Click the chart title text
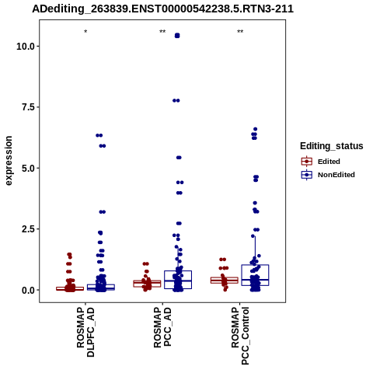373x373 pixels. coord(162,9)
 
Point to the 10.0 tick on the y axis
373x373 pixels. coord(26,47)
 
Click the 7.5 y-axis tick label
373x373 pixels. coord(28,107)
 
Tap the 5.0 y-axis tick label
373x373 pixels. coord(28,169)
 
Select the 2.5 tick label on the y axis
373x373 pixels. coord(28,229)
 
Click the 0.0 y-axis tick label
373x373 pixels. coord(28,291)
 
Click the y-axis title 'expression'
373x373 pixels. coord(9,161)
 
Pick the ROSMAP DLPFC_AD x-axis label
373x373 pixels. coord(85,332)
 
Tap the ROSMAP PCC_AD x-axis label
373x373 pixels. coord(162,327)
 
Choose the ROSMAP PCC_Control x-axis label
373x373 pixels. coord(240,336)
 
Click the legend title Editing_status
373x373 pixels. coord(332,146)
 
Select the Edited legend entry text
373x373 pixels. coord(329,162)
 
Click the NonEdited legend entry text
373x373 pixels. coord(336,175)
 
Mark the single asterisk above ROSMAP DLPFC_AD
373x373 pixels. coord(85,32)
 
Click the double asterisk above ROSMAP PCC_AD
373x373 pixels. coord(162,32)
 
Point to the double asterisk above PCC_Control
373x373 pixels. coord(240,32)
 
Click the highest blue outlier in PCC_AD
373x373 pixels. coord(177,36)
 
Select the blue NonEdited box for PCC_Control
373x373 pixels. coord(255,265)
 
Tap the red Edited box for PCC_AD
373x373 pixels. coord(147,281)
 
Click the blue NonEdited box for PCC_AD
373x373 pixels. coord(178,271)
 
